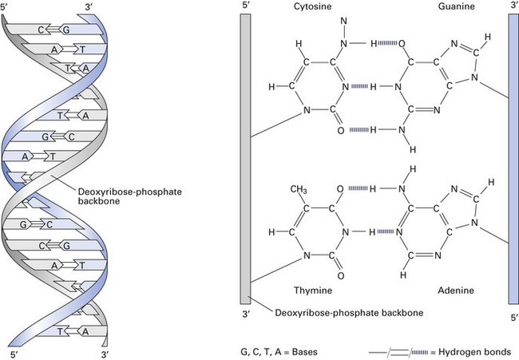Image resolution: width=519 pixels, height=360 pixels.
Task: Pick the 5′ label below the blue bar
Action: pos(513,317)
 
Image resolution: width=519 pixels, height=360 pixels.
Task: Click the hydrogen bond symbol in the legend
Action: pos(404,351)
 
